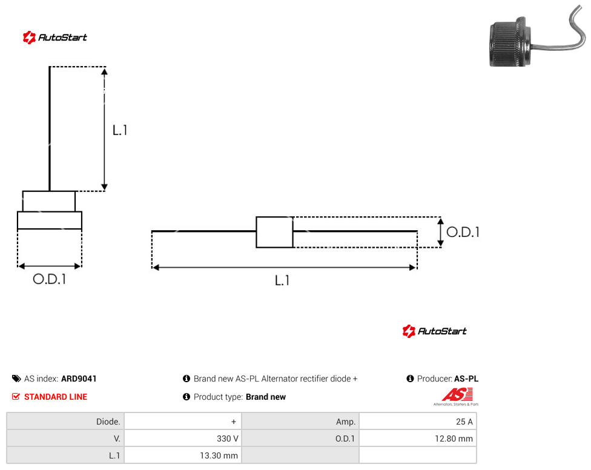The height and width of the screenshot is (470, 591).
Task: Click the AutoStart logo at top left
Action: [x=55, y=38]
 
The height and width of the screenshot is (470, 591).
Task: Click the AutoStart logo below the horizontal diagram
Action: [x=435, y=331]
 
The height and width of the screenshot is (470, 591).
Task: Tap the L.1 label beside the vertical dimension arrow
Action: [x=120, y=130]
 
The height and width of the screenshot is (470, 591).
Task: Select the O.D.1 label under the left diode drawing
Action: [x=50, y=279]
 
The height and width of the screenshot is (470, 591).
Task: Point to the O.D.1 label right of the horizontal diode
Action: [x=463, y=232]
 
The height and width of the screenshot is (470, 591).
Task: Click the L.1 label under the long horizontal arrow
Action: [x=282, y=280]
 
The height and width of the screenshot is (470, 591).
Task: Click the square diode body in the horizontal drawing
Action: [x=275, y=232]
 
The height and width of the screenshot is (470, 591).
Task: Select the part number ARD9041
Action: [x=79, y=379]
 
